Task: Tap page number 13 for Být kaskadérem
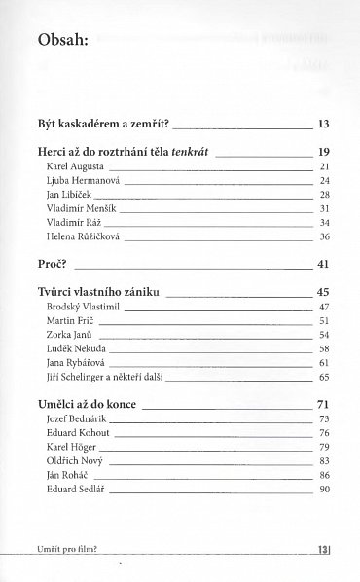pyautogui.click(x=324, y=126)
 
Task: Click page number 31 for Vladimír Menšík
pyautogui.click(x=325, y=208)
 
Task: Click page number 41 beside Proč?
pyautogui.click(x=324, y=263)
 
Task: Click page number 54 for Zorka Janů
pyautogui.click(x=325, y=334)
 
